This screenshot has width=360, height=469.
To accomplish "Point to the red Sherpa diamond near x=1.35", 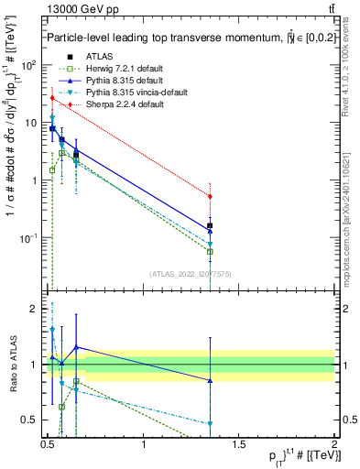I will point(211,196).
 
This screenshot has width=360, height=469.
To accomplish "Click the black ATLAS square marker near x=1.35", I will point(211,225).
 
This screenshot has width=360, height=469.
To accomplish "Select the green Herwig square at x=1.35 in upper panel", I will point(211,251).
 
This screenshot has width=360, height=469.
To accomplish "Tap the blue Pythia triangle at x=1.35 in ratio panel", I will point(211,380).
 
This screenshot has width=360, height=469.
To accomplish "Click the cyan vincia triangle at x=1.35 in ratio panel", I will point(211,424).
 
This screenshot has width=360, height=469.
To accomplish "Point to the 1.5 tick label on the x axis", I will point(239,447).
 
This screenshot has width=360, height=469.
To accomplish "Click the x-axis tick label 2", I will point(334,447).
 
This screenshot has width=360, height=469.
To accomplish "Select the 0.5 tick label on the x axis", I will point(49,447).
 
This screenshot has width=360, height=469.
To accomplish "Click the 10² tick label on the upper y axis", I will point(30,66).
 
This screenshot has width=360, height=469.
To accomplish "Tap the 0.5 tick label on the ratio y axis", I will point(33,420).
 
